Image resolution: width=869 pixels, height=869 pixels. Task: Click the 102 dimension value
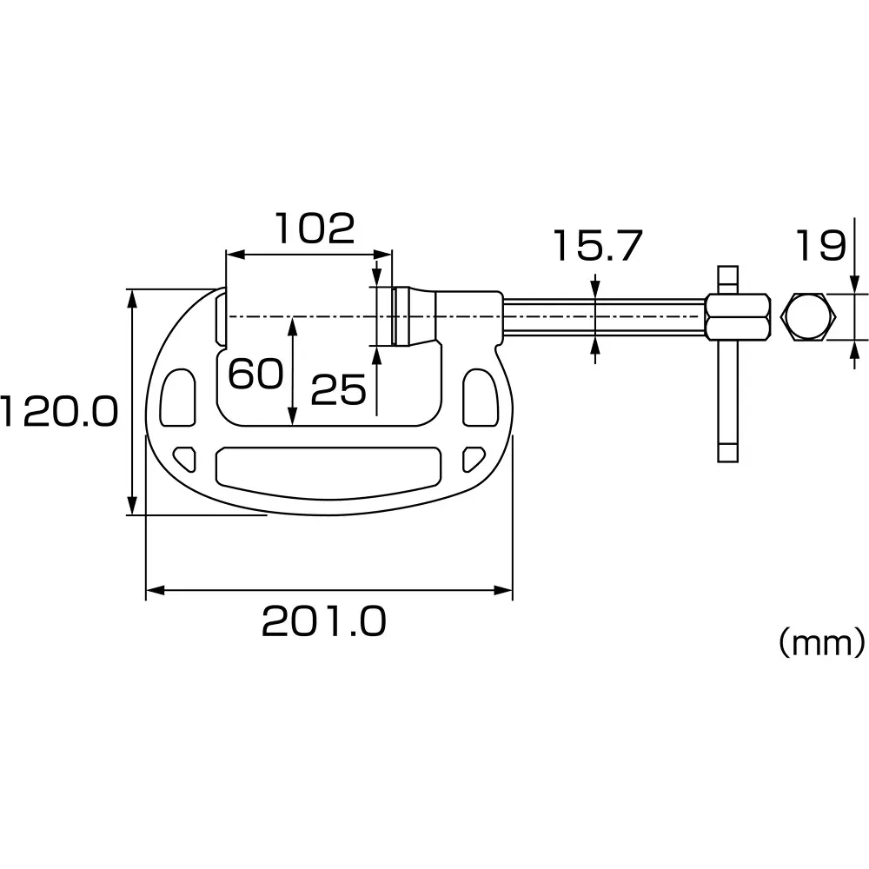pos(315,228)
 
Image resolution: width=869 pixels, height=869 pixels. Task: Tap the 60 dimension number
pos(255,374)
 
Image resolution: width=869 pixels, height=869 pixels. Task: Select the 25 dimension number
pos(338,391)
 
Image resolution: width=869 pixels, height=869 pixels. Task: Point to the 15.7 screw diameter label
pos(597,247)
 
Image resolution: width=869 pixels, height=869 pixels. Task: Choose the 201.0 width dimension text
pos(323,621)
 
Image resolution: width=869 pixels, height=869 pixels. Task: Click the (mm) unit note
pos(821,643)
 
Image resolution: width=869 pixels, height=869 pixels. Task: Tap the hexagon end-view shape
pos(809,317)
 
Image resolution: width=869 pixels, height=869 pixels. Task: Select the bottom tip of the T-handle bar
pos(727,454)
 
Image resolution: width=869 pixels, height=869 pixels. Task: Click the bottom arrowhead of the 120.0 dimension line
pos(132,505)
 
